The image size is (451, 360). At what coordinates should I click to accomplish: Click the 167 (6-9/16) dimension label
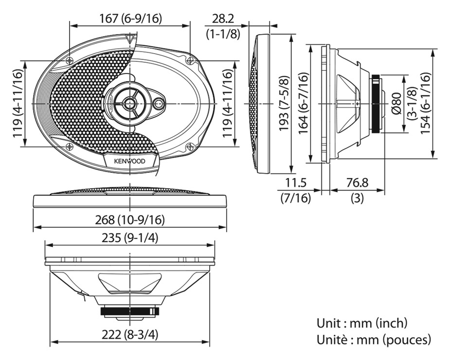click(130, 18)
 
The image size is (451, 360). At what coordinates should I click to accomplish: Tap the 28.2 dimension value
click(223, 19)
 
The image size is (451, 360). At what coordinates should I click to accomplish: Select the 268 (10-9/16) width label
click(130, 220)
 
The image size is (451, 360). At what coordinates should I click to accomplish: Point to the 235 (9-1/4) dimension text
click(130, 238)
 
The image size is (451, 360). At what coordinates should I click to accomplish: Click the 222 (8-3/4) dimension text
click(130, 334)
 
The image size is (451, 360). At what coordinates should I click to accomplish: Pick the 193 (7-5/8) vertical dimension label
click(284, 104)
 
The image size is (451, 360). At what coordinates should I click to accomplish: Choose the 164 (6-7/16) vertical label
click(303, 104)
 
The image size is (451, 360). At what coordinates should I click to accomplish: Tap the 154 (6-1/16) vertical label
click(426, 104)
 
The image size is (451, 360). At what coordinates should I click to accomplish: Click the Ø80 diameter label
click(397, 104)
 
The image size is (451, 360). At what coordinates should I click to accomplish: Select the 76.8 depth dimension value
click(358, 183)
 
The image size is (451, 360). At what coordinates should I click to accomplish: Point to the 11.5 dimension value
click(296, 183)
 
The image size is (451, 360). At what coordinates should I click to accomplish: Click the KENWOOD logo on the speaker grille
click(130, 161)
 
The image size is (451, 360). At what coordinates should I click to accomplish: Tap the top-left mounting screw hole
click(70, 61)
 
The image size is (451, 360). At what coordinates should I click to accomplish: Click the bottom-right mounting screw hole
click(190, 146)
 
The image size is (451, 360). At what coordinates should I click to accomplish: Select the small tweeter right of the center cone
click(159, 104)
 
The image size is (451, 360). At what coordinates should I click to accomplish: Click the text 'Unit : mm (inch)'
click(362, 323)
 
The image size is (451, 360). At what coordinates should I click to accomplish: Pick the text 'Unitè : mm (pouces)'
click(374, 340)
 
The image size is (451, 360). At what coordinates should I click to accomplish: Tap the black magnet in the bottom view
click(130, 311)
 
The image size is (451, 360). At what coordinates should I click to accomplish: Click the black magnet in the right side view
click(376, 104)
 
